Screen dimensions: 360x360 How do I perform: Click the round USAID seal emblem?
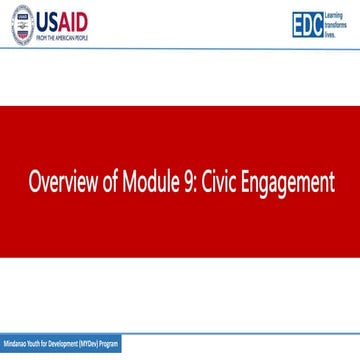point(22,27)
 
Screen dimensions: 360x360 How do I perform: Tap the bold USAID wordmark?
point(63,22)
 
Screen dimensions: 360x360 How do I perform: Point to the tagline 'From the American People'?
point(63,38)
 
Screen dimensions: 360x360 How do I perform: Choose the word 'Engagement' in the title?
point(291,185)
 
